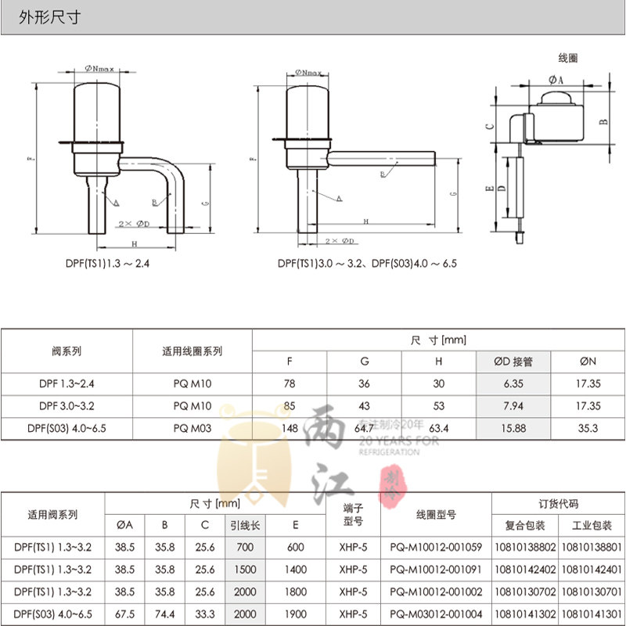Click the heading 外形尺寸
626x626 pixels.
[50, 16]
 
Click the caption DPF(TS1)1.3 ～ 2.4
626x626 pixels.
[107, 264]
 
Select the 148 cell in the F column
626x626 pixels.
[290, 428]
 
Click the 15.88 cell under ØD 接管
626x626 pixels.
[513, 428]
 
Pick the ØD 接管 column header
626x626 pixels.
[513, 362]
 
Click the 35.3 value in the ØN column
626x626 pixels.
[588, 428]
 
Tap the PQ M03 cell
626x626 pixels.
[192, 428]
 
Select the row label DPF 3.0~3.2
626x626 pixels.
[67, 406]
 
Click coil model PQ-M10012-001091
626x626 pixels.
[436, 570]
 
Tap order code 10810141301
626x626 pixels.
[592, 614]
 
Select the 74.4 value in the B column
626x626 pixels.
[164, 614]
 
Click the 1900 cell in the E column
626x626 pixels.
[295, 614]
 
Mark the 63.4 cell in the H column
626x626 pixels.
[438, 428]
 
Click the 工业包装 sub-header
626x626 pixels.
[592, 525]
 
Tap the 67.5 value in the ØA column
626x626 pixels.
[124, 614]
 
